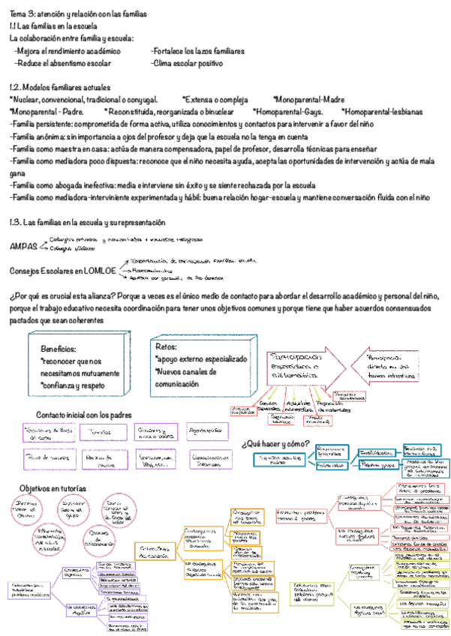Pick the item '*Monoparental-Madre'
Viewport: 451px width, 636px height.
(308, 99)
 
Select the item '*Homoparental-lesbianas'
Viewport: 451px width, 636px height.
(385, 111)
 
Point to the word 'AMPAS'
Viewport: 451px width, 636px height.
(23, 246)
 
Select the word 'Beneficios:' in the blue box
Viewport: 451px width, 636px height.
(59, 349)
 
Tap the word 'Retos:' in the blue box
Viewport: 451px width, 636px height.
(167, 346)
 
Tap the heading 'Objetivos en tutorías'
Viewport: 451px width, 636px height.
(53, 488)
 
